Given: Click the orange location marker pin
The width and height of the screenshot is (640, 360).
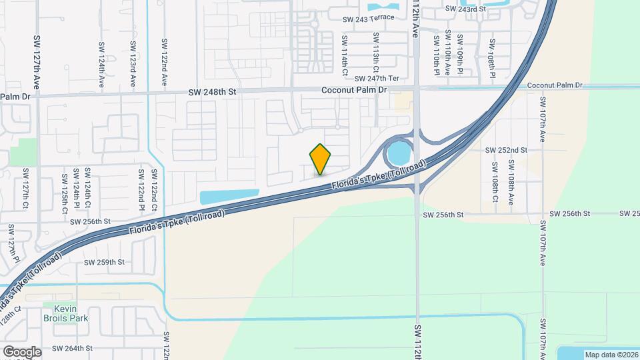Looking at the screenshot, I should click(321, 159).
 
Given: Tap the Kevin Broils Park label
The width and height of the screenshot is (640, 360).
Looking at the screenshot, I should click(65, 313).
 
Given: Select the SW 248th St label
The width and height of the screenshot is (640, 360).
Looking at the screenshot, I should click(212, 92).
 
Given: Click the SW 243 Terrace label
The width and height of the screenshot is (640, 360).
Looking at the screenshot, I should click(368, 18).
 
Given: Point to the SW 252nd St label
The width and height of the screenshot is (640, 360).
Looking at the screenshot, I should click(506, 151).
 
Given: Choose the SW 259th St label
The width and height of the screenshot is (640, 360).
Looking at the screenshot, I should click(105, 262).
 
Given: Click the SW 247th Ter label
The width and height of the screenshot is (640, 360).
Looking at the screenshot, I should click(381, 79).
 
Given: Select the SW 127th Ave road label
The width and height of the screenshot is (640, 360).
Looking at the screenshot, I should click(37, 63).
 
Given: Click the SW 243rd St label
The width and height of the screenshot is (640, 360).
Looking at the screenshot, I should click(463, 9).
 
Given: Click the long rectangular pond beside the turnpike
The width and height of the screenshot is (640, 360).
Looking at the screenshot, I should click(228, 197).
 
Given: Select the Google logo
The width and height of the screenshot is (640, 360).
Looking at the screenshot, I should click(21, 351).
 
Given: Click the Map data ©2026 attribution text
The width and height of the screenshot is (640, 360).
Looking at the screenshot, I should click(611, 354).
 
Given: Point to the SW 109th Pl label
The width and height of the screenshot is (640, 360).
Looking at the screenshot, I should click(460, 55).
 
